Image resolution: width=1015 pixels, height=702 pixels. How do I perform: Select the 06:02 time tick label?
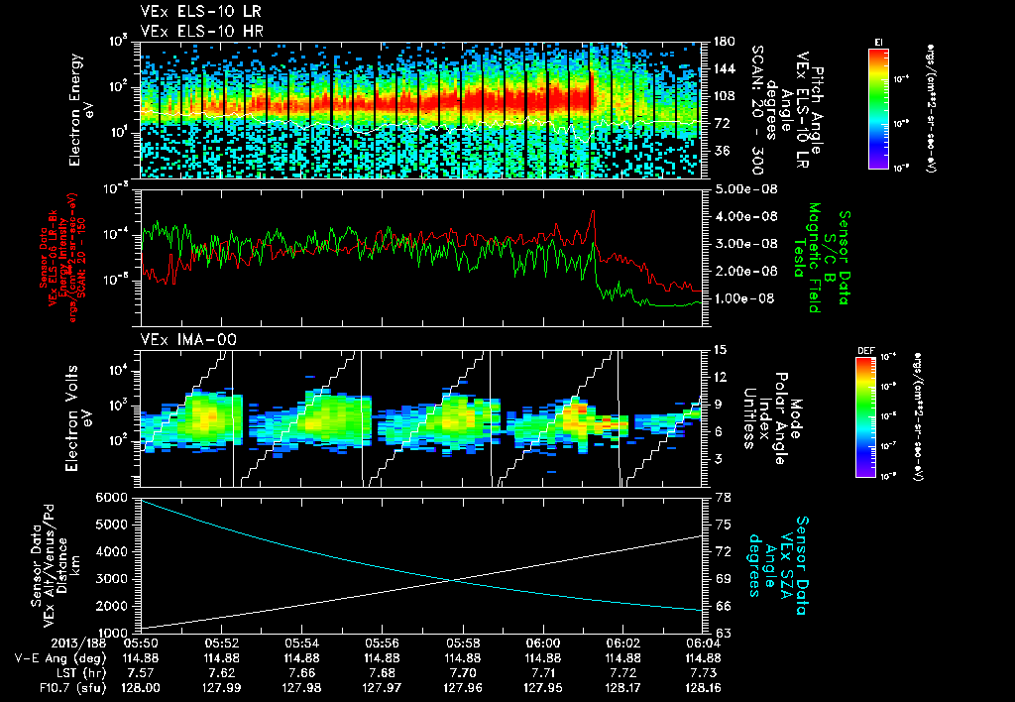tap(622, 643)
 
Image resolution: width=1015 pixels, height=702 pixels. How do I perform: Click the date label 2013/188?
tap(35, 643)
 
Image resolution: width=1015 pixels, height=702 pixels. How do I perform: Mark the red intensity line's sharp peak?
tap(593, 210)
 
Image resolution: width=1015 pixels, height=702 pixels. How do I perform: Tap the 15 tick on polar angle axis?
tap(718, 349)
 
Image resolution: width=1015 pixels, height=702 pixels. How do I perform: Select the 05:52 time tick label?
tap(221, 643)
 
